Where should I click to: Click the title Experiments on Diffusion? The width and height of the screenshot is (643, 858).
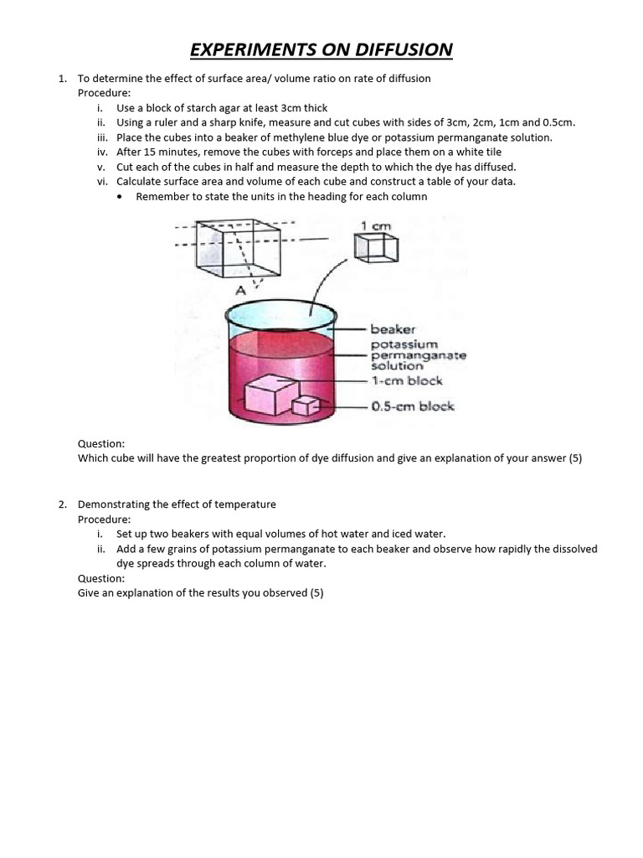tap(321, 49)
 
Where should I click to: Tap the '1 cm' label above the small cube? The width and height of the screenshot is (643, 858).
tap(376, 226)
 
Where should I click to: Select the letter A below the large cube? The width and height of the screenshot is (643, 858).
tap(240, 291)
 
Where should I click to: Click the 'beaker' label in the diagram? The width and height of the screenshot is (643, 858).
tap(394, 330)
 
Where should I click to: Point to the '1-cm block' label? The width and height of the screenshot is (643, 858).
tap(407, 381)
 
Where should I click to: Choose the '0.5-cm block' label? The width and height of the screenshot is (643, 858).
tap(413, 406)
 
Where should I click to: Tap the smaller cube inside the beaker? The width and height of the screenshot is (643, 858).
tap(306, 406)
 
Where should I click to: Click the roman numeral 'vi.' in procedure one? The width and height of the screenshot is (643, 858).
tap(103, 181)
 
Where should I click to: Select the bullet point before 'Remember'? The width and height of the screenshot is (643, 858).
tap(122, 196)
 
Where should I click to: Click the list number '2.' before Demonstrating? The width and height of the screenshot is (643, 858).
tap(63, 504)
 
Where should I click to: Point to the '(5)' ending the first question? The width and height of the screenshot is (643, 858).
tap(574, 458)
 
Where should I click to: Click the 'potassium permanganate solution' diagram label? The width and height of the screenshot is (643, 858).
tap(418, 355)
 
